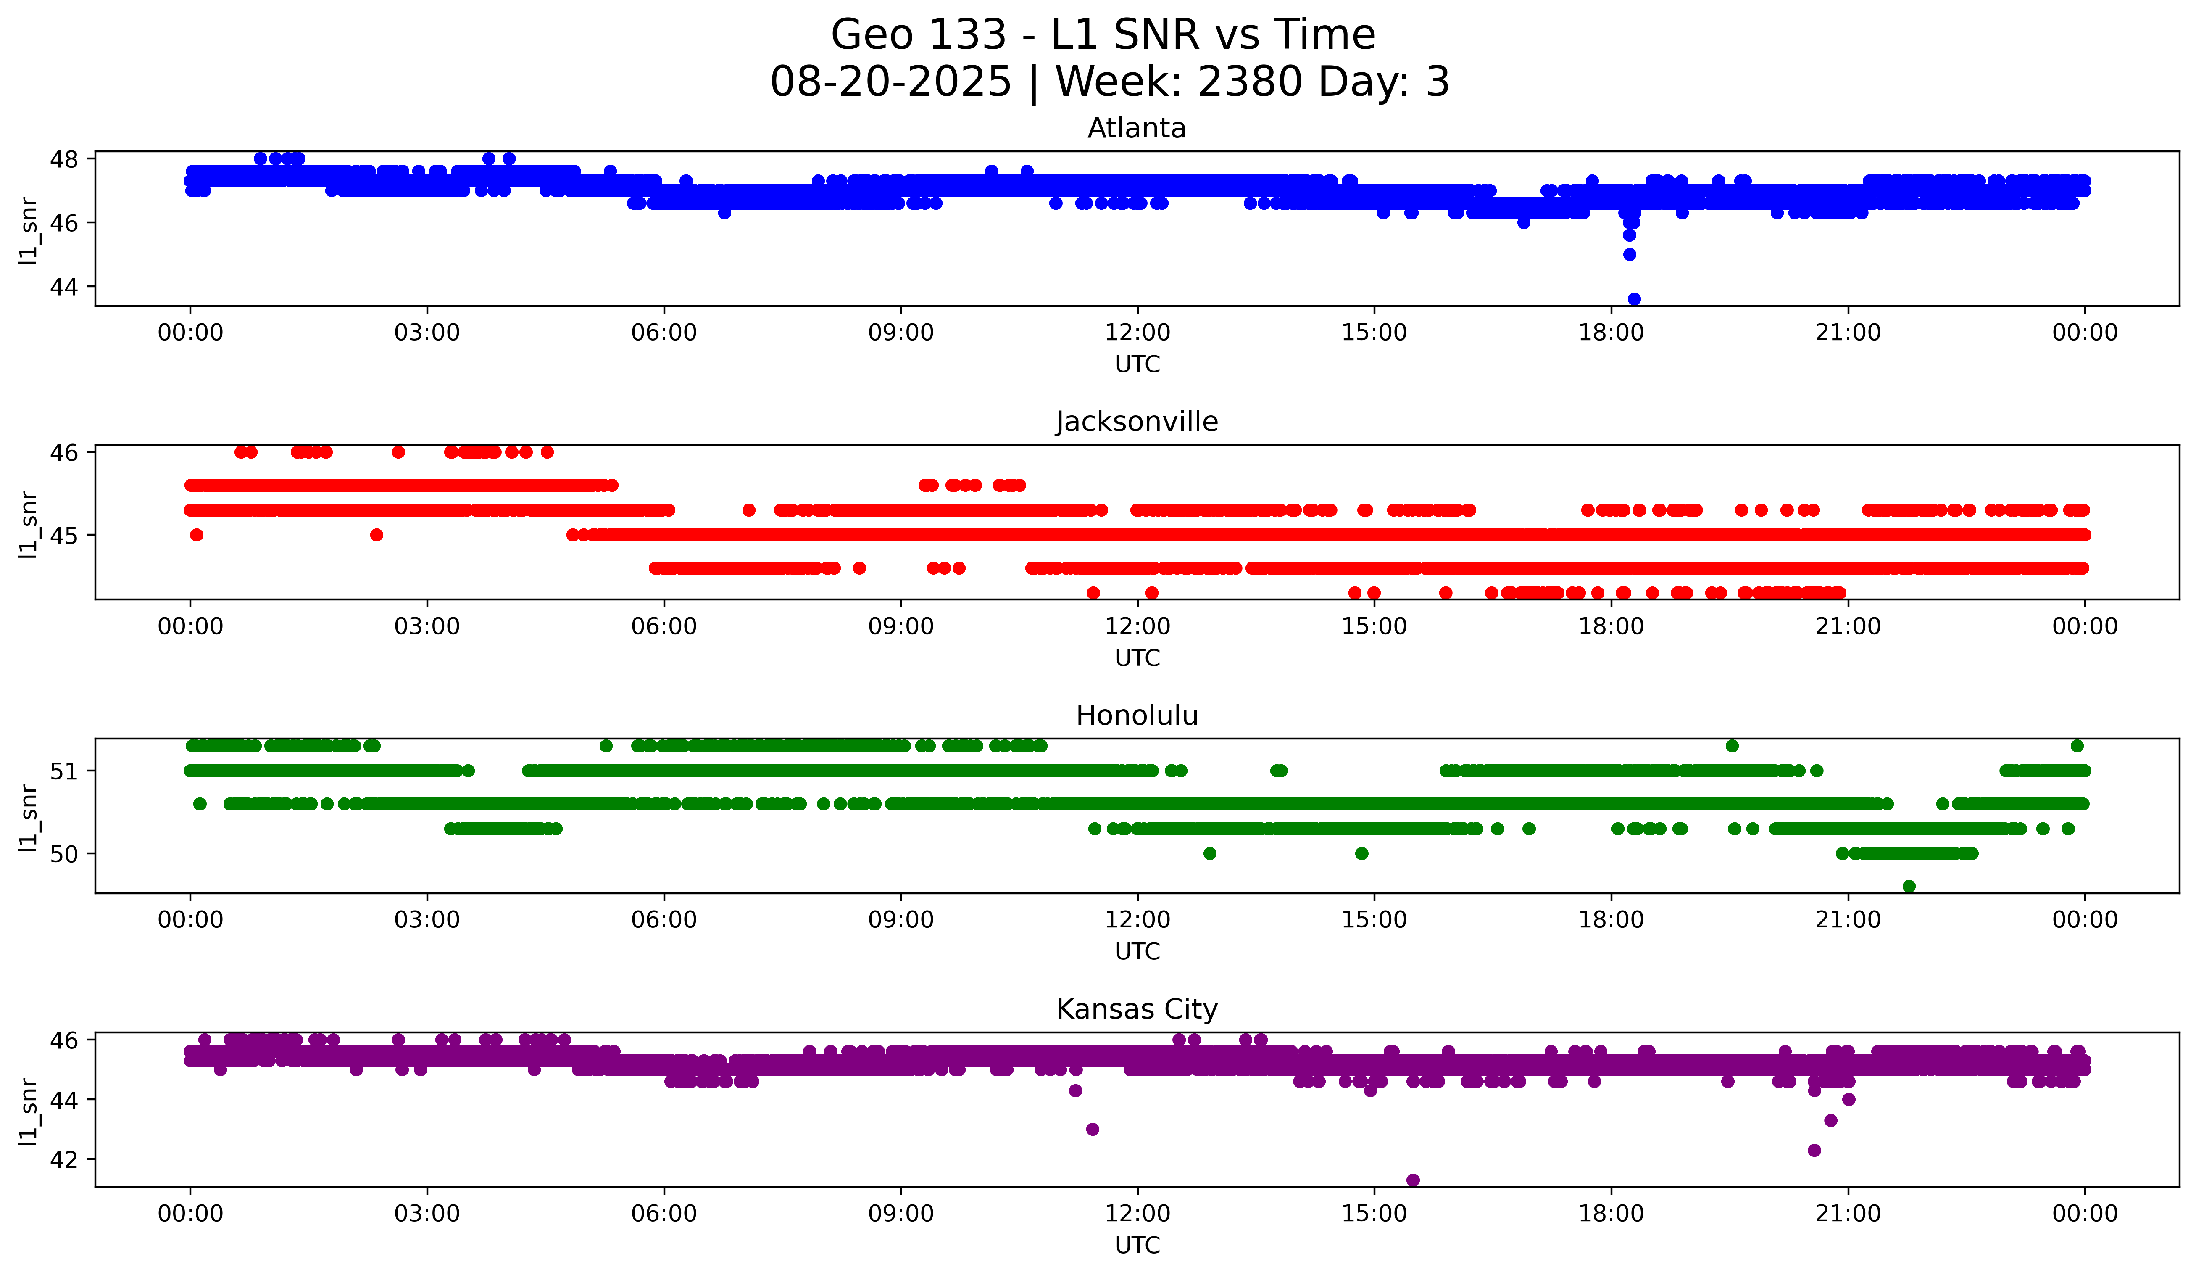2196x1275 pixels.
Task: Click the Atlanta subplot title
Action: pyautogui.click(x=1136, y=128)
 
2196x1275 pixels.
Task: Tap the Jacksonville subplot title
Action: pyautogui.click(x=1136, y=422)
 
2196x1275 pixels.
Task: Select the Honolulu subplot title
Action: pyautogui.click(x=1136, y=715)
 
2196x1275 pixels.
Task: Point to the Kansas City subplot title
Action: pyautogui.click(x=1136, y=1009)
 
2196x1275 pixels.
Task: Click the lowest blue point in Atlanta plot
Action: pyautogui.click(x=1634, y=299)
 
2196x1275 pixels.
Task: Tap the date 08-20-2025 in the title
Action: pyautogui.click(x=890, y=82)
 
